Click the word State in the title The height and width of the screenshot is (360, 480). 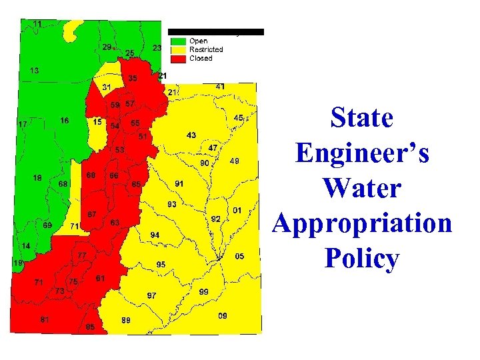coord(362,119)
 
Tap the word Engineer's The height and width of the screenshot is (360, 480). coord(362,153)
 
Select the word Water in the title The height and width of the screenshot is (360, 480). coord(362,188)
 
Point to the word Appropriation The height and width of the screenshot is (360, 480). coord(362,223)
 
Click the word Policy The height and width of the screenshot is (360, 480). coord(362,259)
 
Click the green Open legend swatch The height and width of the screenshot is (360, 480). coord(178,41)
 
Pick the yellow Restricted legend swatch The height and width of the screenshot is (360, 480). coord(178,49)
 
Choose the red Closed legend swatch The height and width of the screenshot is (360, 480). coord(178,58)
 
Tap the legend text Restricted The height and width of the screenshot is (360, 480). coord(206,49)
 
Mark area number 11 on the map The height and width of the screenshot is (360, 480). coord(37,24)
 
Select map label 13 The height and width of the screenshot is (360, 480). coord(34,70)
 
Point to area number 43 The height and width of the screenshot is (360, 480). coord(191,135)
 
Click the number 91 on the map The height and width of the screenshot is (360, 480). coord(180,183)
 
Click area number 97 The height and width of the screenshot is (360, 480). coord(152,295)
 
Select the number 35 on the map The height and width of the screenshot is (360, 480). coord(133,79)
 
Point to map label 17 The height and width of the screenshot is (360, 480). coord(23,124)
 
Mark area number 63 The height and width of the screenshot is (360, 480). coord(115,222)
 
